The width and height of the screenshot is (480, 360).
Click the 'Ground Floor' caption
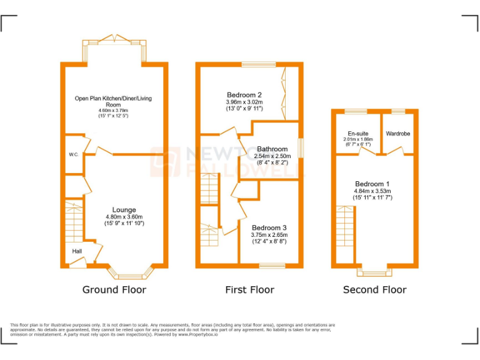pyautogui.click(x=114, y=290)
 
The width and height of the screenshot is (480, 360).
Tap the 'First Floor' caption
pyautogui.click(x=249, y=290)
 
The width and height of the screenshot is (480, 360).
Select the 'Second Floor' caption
pyautogui.click(x=374, y=290)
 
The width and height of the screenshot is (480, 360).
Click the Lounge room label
pyautogui.click(x=124, y=210)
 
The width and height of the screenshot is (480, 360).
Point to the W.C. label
pyautogui.click(x=74, y=154)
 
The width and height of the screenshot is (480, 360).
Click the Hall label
pyautogui.click(x=77, y=251)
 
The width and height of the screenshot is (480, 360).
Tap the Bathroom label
pyautogui.click(x=272, y=149)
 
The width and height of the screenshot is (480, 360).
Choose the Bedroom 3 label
pyautogui.click(x=269, y=227)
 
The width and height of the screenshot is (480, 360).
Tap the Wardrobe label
pyautogui.click(x=397, y=134)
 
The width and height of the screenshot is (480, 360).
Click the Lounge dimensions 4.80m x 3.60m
pyautogui.click(x=124, y=217)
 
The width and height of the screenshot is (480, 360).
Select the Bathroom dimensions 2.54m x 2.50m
pyautogui.click(x=272, y=156)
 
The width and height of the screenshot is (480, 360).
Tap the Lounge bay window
pyautogui.click(x=130, y=274)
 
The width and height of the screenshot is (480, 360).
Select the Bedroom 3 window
pyautogui.click(x=272, y=266)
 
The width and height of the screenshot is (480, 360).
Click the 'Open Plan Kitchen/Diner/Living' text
pyautogui.click(x=113, y=99)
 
